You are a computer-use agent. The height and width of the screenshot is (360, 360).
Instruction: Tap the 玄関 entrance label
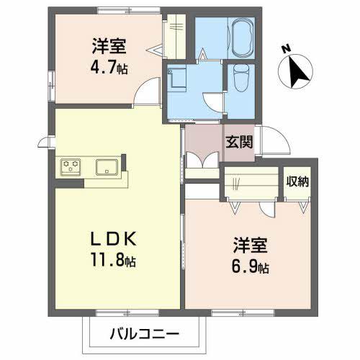tap(240, 141)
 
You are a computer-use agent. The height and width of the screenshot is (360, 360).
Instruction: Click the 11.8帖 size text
tap(112, 260)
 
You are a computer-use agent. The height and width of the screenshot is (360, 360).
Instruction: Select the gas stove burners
tap(71, 166)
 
